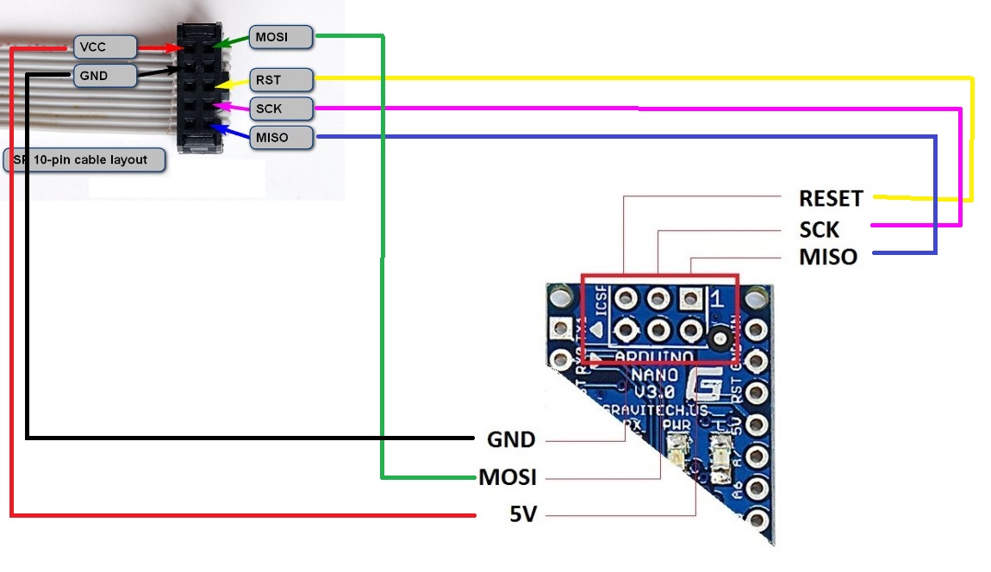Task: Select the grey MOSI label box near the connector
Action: coord(281,37)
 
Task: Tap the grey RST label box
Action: coord(281,81)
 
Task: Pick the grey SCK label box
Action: coord(281,109)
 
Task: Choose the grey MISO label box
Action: coord(281,137)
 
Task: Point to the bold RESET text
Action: coord(831,199)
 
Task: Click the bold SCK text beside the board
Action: coord(819,230)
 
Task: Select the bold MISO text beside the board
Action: coord(827,257)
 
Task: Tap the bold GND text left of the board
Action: coord(511,439)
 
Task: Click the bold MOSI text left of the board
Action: coord(508,477)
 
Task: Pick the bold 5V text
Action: coord(523,515)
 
